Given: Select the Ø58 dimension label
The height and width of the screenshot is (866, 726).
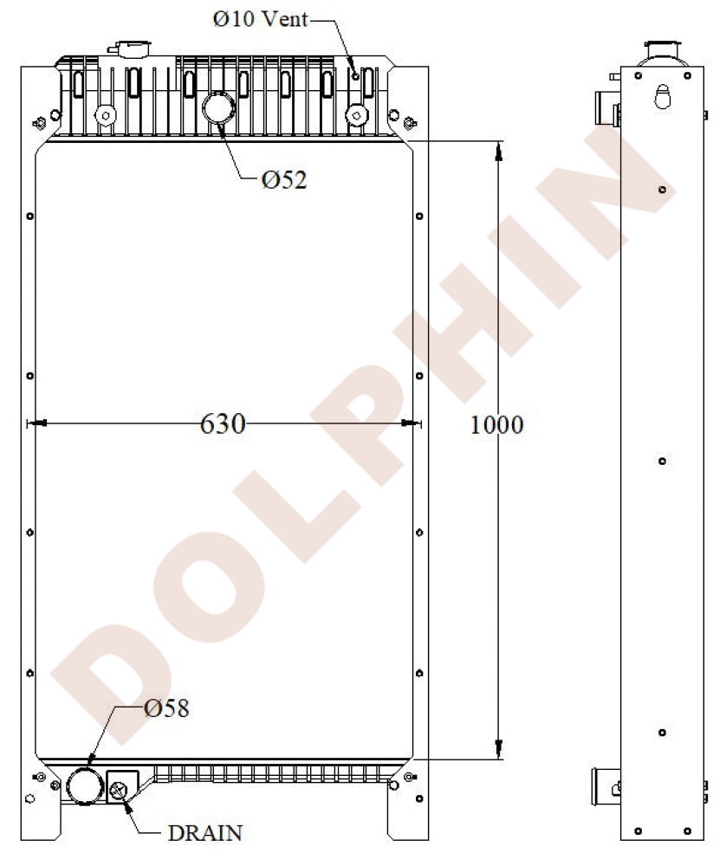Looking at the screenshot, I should coord(166,708).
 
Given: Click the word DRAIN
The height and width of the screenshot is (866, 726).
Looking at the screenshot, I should coord(204,833).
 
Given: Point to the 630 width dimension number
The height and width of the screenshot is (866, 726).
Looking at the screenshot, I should coord(223,424).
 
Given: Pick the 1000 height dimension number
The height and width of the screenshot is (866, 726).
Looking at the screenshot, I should coord(496,425).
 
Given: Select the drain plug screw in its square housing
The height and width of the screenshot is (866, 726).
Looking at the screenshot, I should coord(120,788).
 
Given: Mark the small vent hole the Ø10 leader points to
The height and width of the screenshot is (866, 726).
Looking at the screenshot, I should coord(355,76).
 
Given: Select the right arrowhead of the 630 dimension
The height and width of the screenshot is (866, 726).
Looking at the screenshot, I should coord(411,424).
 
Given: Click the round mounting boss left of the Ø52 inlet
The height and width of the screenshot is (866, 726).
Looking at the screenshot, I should coord(106,114).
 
